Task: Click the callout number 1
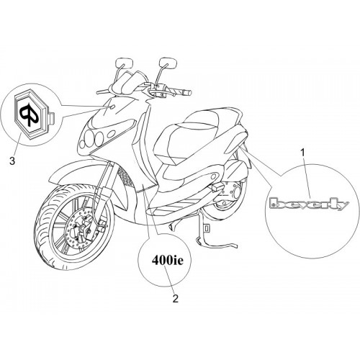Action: [303, 153]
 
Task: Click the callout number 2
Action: [176, 299]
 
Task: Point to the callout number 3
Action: [12, 161]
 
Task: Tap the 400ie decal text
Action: [167, 261]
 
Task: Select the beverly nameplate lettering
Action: [309, 204]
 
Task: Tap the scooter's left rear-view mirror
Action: [125, 63]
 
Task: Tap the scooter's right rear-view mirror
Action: [168, 63]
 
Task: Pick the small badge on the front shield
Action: [112, 107]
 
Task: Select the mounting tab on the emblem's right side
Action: [52, 119]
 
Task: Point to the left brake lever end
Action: [97, 92]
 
